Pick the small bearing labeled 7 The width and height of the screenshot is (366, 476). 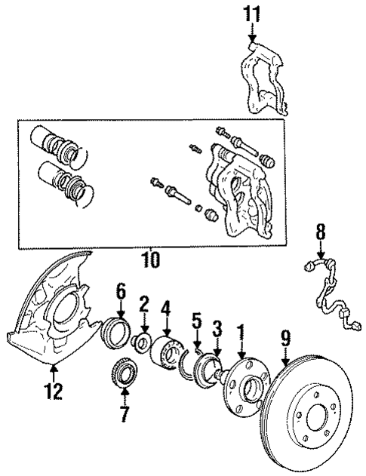point(122,375)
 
